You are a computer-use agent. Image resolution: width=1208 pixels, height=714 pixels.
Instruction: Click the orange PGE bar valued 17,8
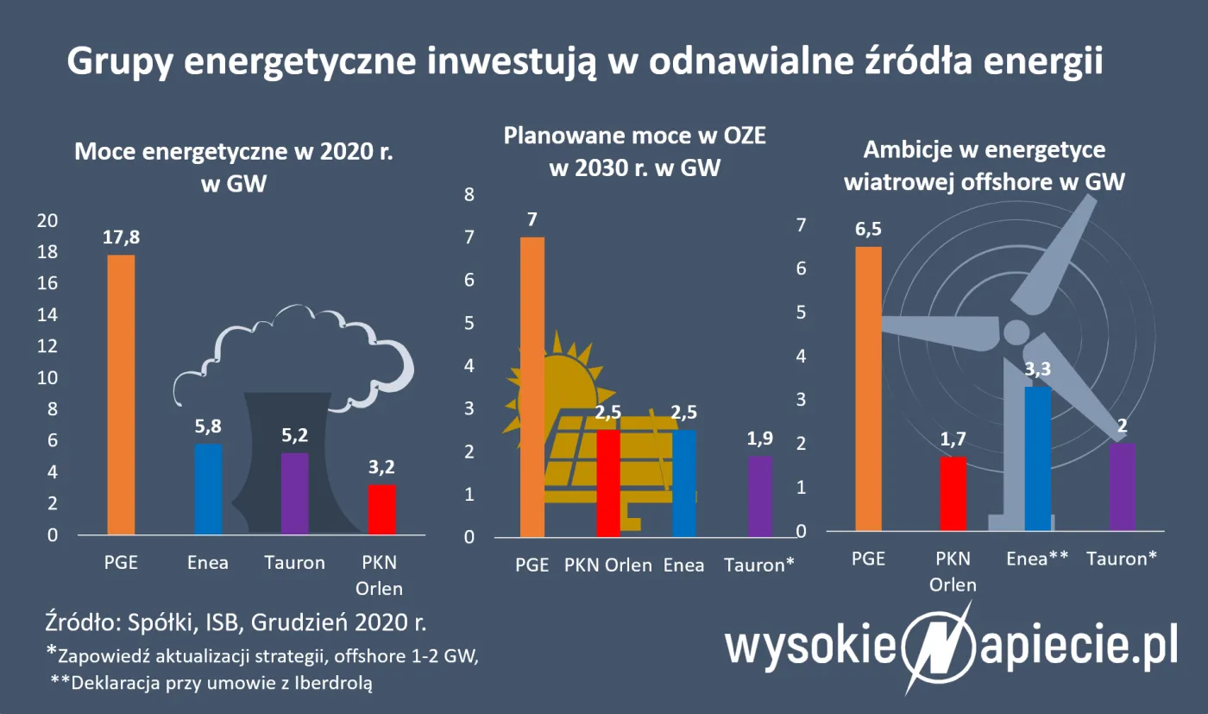click(x=121, y=395)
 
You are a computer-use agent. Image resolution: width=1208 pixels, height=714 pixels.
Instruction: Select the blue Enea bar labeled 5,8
click(x=208, y=490)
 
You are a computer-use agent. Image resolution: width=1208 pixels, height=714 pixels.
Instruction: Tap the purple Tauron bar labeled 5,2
click(x=295, y=494)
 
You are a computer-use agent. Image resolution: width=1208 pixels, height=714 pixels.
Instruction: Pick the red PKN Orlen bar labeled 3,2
click(x=381, y=509)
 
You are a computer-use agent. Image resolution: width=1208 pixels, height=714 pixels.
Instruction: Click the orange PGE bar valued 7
click(x=532, y=387)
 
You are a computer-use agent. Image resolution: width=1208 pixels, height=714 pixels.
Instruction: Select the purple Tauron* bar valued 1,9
click(x=759, y=496)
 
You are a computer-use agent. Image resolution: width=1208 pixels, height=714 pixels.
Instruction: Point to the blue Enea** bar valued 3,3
click(x=1037, y=458)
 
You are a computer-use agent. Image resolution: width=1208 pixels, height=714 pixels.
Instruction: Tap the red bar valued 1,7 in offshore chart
click(x=953, y=493)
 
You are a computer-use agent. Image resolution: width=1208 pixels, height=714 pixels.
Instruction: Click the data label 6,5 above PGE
click(x=869, y=230)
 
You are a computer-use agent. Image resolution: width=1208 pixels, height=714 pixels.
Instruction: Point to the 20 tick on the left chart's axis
click(x=47, y=221)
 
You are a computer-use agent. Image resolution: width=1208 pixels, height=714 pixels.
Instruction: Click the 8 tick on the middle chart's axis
click(x=470, y=195)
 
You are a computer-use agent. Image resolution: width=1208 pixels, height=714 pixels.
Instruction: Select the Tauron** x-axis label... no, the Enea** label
click(x=1037, y=558)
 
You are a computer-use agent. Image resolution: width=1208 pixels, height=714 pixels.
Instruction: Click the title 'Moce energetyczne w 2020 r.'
click(x=234, y=153)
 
